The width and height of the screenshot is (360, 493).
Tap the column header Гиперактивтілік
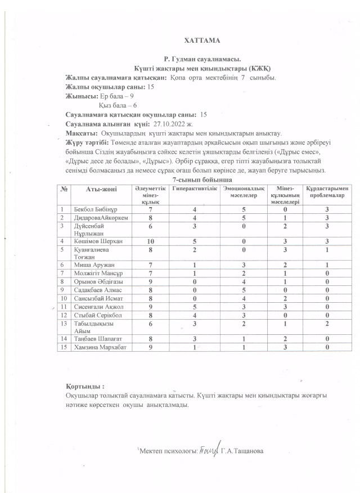pos(194,189)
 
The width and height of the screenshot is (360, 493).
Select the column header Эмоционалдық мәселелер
pos(243,191)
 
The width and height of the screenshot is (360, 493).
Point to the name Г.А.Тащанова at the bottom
pos(241,451)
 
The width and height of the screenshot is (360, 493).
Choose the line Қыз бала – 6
pos(118,105)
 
